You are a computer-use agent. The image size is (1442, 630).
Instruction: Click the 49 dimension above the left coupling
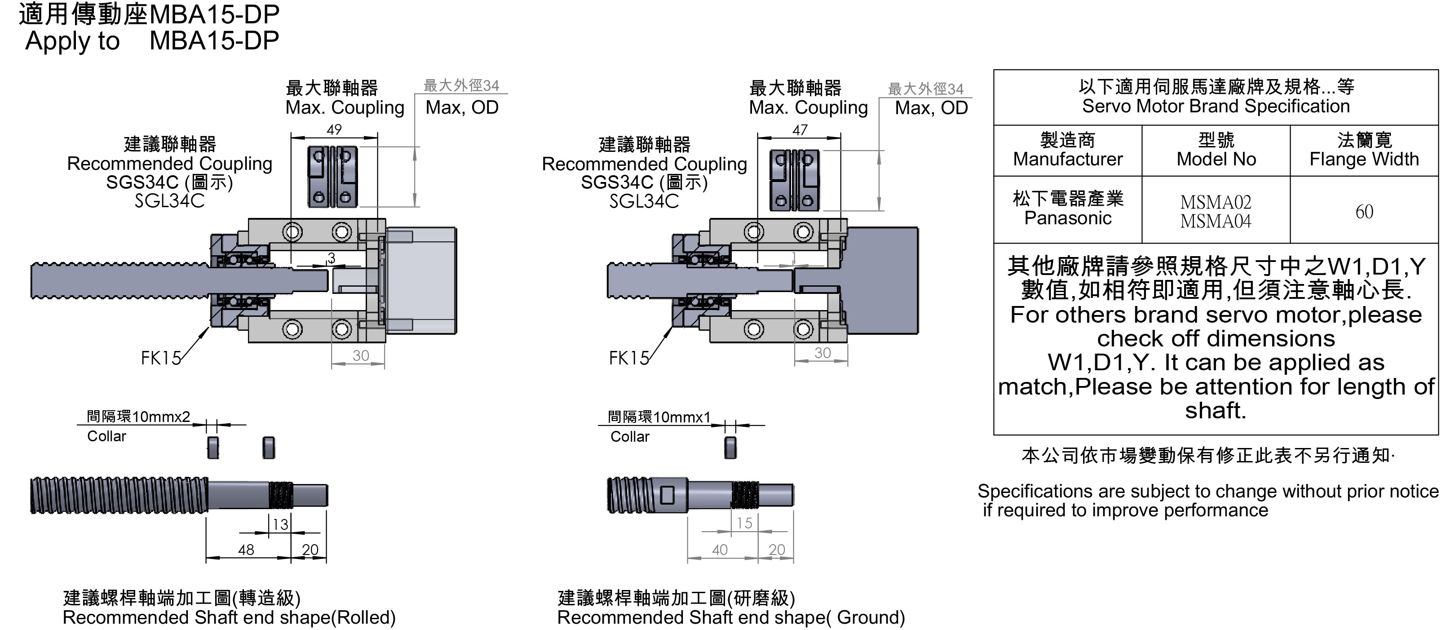point(334,130)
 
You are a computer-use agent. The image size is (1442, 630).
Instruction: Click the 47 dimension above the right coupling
point(800,130)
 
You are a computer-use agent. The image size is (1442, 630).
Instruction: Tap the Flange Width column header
point(1364,150)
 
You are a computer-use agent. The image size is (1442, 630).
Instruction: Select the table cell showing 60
point(1364,212)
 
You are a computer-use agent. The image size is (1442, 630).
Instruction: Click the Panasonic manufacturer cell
point(1067,209)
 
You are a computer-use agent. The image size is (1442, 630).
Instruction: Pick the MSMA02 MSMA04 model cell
point(1216,212)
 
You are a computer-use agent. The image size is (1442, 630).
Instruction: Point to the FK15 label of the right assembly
point(628,358)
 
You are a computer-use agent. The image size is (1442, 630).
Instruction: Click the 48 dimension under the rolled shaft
point(246,550)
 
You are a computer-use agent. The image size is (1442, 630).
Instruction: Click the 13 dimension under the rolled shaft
point(280,524)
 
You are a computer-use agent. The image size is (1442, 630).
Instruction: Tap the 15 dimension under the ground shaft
point(744,523)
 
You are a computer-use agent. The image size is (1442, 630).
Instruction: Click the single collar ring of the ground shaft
point(730,448)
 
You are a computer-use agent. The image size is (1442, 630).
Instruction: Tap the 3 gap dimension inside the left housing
point(332,258)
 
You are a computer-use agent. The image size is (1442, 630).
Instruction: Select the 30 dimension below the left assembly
point(360,355)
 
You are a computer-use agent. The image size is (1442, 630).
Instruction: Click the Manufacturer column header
point(1067,150)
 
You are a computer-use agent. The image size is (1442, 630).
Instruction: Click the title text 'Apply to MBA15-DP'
point(151,41)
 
